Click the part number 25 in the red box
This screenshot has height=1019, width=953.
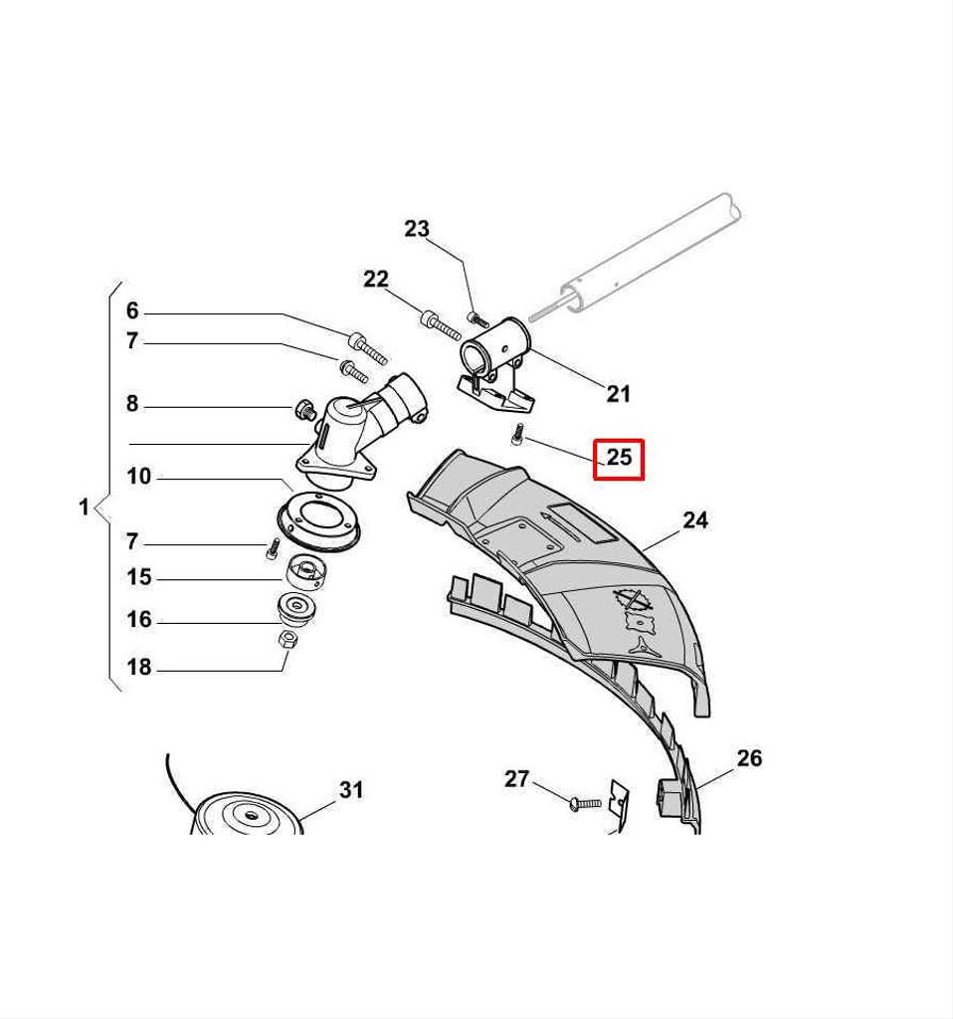pos(619,457)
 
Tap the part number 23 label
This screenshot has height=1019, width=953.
pos(417,229)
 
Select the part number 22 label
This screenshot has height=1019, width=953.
pos(375,279)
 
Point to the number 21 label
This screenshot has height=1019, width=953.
pos(618,393)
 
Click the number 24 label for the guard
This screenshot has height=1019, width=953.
pos(695,519)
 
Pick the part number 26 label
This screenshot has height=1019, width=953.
pos(749,757)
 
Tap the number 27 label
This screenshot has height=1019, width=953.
pos(517,778)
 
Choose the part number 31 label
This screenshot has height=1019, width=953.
pos(351,789)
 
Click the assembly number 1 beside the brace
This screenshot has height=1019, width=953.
pos(84,507)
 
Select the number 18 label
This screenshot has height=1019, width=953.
pos(139,667)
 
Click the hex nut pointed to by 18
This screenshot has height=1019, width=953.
pos(287,639)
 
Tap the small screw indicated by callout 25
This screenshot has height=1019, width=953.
pos(517,434)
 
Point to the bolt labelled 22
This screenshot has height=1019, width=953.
pos(440,325)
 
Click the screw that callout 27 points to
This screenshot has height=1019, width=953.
pos(584,804)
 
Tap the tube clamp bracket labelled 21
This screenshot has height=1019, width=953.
pos(495,366)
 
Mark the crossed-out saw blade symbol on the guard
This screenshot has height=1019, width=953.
pos(633,598)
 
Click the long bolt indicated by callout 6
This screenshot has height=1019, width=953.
pos(368,347)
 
